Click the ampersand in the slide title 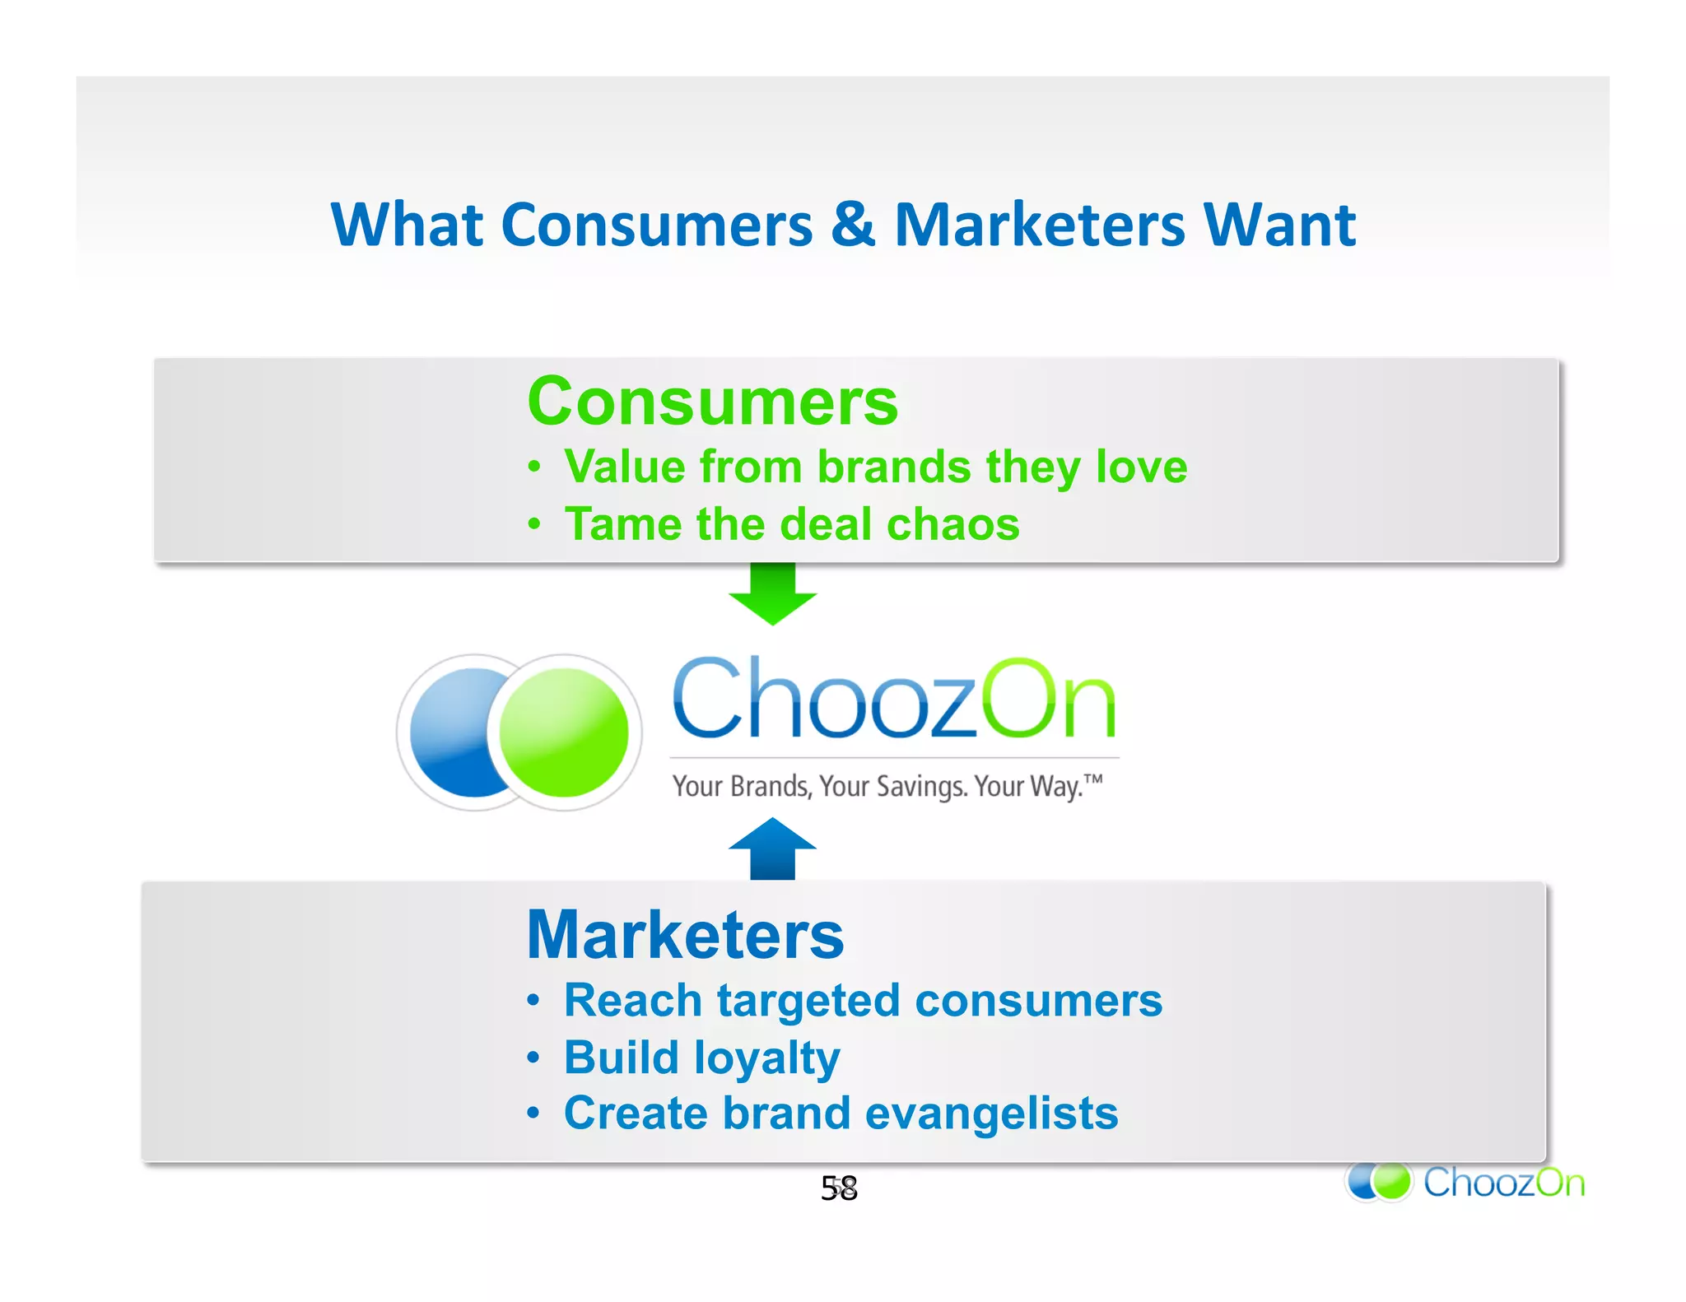pyautogui.click(x=852, y=225)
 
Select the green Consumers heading pyautogui.click(x=712, y=402)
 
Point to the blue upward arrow pyautogui.click(x=772, y=847)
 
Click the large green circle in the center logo pyautogui.click(x=565, y=732)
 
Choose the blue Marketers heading pyautogui.click(x=685, y=935)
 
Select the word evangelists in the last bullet pyautogui.click(x=991, y=1114)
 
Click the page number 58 pyautogui.click(x=839, y=1188)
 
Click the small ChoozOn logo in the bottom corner pyautogui.click(x=1465, y=1182)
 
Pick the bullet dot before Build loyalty pyautogui.click(x=533, y=1057)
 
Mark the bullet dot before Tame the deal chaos pyautogui.click(x=533, y=523)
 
